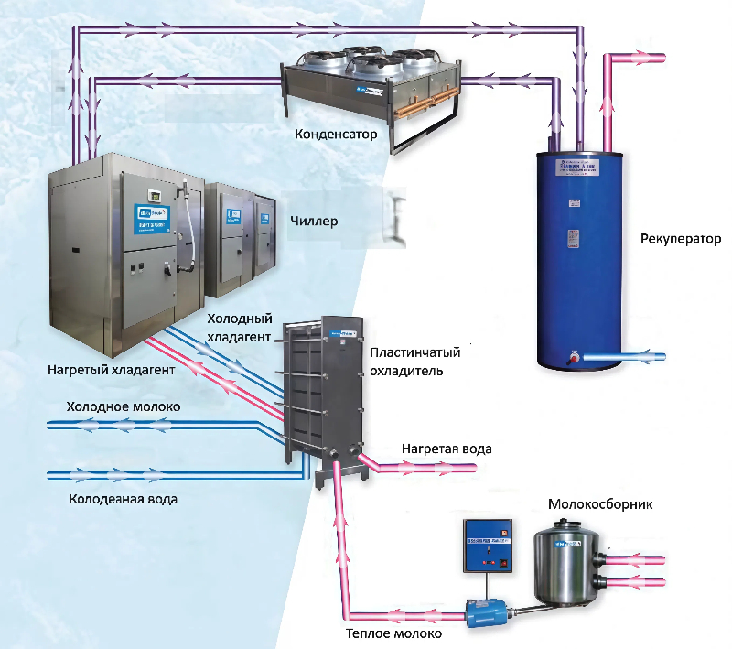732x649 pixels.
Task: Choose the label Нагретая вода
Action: click(x=447, y=449)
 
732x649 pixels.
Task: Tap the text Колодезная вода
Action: click(x=123, y=500)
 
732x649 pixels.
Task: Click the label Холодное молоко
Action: click(x=123, y=406)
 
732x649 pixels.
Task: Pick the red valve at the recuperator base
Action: click(x=572, y=357)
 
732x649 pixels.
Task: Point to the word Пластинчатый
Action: click(x=414, y=352)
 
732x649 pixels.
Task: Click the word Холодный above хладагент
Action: click(x=240, y=319)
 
